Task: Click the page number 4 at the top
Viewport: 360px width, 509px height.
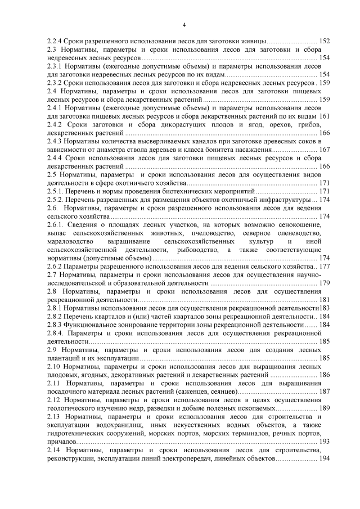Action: pos(184,25)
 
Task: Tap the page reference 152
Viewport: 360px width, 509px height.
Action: pos(325,42)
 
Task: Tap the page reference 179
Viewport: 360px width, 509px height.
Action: pos(325,282)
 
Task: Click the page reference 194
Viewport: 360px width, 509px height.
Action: pos(325,459)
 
